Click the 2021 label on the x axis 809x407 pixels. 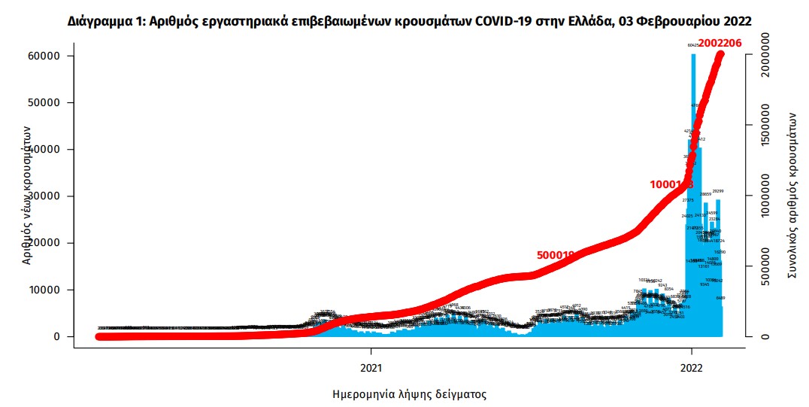tap(370, 369)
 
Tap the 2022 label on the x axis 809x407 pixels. tap(691, 369)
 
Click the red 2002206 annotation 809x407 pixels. tap(719, 43)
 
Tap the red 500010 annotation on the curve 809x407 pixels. tap(556, 255)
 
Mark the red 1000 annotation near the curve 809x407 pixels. tap(671, 184)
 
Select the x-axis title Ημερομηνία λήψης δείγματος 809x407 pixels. tap(410, 393)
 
